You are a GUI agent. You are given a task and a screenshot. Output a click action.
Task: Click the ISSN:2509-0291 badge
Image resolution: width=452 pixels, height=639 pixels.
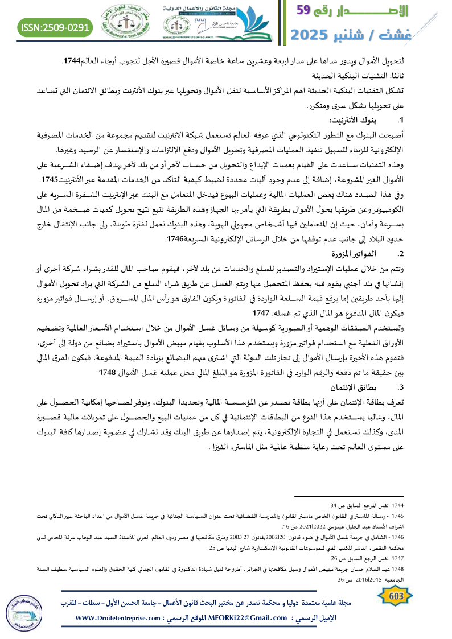pos(56,27)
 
